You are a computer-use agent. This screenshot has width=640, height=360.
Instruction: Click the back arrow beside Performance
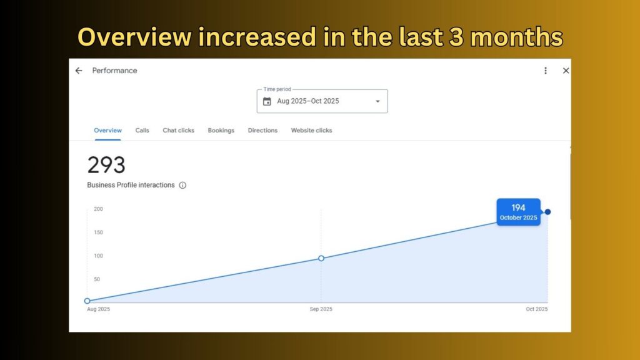79,71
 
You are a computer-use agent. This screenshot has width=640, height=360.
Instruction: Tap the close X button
566,71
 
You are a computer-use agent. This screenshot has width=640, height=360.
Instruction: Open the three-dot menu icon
545,71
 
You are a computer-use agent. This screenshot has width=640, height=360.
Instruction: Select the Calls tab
142,130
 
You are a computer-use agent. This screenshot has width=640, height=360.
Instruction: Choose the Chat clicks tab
178,130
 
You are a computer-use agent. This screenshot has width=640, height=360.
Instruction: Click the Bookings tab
221,131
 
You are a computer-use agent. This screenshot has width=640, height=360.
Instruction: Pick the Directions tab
262,130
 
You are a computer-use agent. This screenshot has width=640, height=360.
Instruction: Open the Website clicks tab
311,130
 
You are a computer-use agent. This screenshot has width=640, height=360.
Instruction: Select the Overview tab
107,130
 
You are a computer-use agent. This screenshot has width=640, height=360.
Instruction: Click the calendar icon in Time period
267,101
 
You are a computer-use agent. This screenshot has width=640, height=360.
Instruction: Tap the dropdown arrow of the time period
377,101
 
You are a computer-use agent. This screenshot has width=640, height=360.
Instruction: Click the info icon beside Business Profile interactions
182,185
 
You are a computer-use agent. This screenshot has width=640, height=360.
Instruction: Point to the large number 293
106,165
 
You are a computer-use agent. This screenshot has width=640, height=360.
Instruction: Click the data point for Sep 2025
321,258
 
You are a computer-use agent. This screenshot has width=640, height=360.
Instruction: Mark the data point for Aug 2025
87,301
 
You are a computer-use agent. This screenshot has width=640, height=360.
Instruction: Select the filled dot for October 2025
547,212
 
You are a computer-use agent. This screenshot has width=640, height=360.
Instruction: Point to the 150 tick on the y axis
98,232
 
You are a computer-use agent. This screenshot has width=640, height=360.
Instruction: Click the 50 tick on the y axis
97,279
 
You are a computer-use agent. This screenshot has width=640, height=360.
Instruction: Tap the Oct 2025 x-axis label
537,309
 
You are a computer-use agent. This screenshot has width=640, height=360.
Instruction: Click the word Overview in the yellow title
134,37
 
